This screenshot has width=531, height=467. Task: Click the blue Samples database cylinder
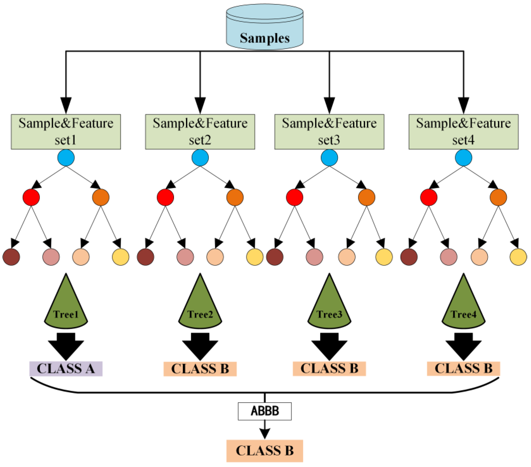265,27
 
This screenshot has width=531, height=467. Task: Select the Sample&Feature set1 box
66,132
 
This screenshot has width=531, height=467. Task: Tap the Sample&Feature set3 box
329,132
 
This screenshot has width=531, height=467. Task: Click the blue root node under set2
200,158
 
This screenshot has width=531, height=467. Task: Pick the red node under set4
429,197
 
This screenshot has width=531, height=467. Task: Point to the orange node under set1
101,197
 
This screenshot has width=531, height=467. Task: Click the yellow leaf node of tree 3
384,257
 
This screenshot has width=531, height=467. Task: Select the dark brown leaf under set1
11,257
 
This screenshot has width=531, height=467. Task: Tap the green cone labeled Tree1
66,301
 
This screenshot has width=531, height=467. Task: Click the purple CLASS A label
66,369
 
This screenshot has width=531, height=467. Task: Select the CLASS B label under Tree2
200,369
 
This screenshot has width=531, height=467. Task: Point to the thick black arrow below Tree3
329,347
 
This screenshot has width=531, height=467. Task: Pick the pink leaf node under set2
185,257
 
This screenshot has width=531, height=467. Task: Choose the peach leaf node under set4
479,257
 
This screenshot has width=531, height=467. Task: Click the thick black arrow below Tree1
66,347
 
